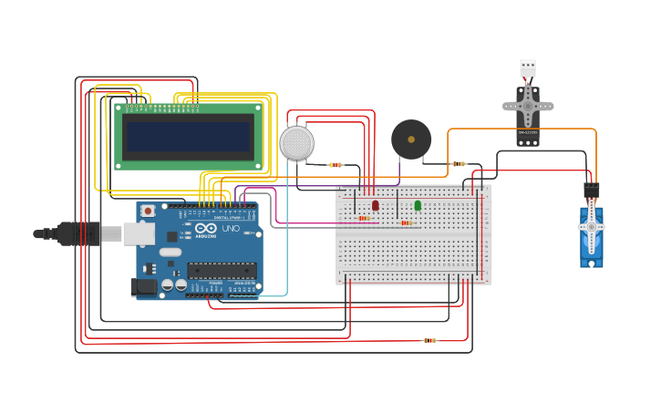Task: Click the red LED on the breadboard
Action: coord(375,205)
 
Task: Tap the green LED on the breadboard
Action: coord(418,205)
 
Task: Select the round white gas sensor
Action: coord(296,143)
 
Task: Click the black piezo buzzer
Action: coord(411,139)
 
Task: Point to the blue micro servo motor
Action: coord(591,236)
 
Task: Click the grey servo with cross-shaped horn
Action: coord(528,108)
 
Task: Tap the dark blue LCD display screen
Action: coord(188,137)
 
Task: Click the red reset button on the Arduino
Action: coord(147,211)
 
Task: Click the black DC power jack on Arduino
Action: coord(143,287)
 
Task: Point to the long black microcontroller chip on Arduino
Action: coord(222,270)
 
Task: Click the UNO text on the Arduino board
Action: coord(231,229)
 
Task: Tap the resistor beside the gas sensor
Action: coord(336,165)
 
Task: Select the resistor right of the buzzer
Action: coord(459,164)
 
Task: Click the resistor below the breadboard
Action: coord(429,340)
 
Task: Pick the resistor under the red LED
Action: coord(364,218)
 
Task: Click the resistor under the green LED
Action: coord(406,222)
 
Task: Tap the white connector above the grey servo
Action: coord(528,67)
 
